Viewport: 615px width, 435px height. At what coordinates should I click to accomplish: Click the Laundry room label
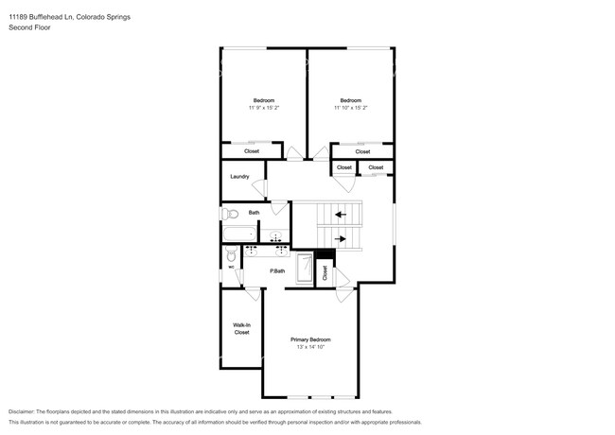(x=239, y=177)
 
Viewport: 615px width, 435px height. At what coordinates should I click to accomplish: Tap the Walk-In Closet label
(x=241, y=329)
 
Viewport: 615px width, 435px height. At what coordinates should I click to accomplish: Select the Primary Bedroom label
(x=310, y=339)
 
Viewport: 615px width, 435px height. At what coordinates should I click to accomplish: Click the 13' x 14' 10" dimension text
(x=310, y=347)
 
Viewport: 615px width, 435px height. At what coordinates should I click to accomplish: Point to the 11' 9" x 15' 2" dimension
(x=264, y=108)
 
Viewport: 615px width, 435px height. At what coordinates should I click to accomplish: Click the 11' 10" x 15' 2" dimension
(x=351, y=108)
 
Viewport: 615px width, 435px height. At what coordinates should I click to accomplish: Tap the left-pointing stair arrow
(x=341, y=215)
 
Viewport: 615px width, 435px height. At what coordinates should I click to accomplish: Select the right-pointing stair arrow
(x=341, y=238)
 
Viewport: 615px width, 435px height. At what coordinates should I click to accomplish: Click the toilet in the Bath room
(x=230, y=214)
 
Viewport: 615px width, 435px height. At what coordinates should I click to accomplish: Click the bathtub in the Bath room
(x=239, y=234)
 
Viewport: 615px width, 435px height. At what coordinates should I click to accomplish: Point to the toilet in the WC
(x=231, y=254)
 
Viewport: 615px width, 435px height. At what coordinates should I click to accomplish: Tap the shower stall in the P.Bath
(x=305, y=269)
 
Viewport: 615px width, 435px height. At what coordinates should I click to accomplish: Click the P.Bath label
(x=277, y=270)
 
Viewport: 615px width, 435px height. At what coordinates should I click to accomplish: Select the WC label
(x=231, y=268)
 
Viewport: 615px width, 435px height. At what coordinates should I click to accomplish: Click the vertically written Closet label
(x=325, y=272)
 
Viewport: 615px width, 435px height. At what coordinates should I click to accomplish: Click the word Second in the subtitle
(x=18, y=27)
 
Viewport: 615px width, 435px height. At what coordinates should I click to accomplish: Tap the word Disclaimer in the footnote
(x=22, y=412)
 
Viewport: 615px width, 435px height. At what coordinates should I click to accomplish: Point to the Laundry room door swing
(x=259, y=188)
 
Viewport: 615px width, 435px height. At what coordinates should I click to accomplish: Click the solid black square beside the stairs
(x=325, y=254)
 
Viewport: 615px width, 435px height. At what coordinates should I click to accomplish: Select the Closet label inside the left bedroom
(x=252, y=151)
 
